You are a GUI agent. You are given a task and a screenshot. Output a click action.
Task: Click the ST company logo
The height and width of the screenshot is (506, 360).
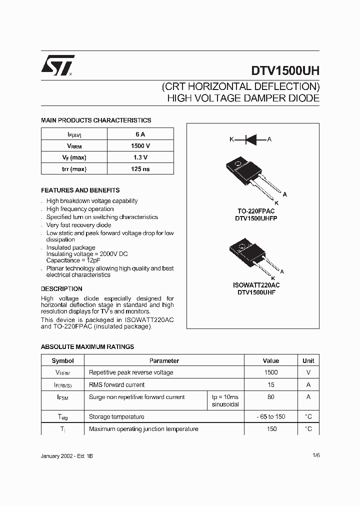(x=57, y=65)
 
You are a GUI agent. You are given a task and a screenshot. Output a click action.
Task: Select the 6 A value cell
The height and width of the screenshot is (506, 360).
(x=140, y=134)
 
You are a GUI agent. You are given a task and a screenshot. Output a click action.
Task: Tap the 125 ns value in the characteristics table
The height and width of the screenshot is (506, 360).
(x=140, y=169)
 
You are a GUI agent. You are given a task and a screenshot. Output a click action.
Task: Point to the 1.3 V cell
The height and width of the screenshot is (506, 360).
(x=140, y=157)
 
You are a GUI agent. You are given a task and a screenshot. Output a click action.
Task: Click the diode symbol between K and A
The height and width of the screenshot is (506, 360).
(x=250, y=139)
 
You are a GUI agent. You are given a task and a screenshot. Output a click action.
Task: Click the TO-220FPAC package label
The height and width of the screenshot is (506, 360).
(x=256, y=211)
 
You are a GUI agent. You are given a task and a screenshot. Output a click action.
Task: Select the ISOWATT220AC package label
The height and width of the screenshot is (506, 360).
(x=256, y=285)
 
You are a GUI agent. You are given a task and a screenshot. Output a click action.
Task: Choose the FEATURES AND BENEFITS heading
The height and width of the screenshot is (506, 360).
(x=80, y=190)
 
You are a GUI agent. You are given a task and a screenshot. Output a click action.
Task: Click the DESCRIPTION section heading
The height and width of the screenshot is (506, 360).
(x=61, y=289)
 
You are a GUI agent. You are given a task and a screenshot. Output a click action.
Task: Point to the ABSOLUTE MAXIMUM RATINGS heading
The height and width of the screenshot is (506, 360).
(x=87, y=346)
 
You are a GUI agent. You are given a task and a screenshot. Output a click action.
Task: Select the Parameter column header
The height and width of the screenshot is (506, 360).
(x=164, y=360)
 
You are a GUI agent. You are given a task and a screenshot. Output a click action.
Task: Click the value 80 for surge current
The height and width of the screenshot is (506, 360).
(x=271, y=397)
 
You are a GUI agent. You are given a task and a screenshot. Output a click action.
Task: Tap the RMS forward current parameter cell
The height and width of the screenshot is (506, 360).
(x=116, y=385)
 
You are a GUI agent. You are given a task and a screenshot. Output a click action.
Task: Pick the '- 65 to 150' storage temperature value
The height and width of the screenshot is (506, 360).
(x=271, y=416)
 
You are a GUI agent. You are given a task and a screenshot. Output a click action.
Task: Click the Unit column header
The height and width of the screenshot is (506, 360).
(x=308, y=360)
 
